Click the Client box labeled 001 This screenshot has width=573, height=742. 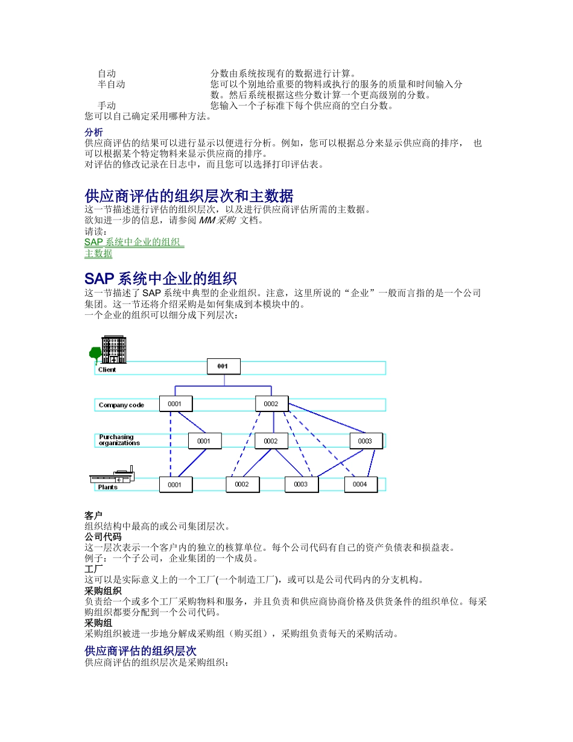224,366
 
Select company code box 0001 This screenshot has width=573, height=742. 176,404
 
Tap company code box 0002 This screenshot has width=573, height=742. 271,404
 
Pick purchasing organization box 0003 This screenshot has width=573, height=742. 366,441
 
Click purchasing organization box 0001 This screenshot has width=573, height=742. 204,441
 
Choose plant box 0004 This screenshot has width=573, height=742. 360,484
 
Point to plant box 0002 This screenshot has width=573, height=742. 242,484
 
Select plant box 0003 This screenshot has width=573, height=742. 301,484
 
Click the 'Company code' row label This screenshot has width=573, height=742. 121,405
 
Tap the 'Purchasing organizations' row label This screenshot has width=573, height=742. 119,440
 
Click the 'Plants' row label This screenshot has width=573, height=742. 108,487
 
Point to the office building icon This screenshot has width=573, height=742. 113,349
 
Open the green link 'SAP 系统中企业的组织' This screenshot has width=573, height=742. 133,243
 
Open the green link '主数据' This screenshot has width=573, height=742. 98,253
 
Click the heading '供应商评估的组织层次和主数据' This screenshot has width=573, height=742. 189,196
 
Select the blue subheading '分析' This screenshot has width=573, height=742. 93,132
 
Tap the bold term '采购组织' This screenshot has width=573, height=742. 103,591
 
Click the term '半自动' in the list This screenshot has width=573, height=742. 112,84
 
